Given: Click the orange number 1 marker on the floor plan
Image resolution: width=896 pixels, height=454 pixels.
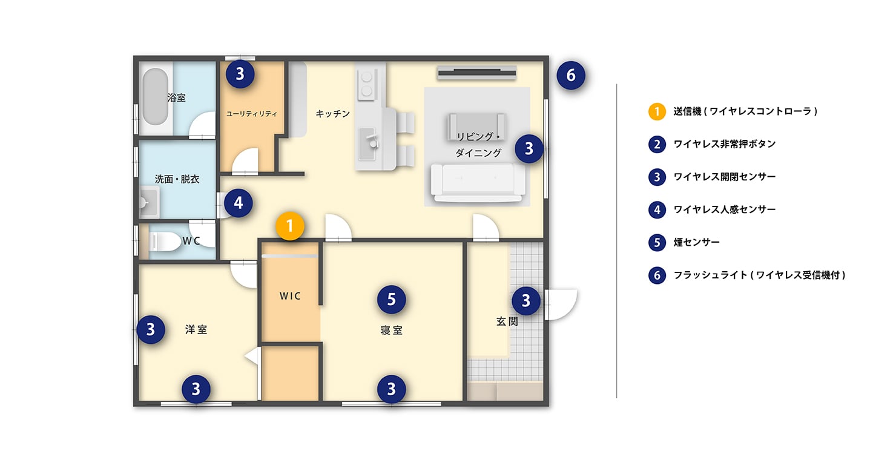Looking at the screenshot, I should [x=290, y=226].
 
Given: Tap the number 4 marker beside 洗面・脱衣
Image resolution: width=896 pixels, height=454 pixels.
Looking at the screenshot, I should [x=239, y=203].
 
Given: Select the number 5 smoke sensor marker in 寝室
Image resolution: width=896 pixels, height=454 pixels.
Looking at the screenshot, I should [x=391, y=299].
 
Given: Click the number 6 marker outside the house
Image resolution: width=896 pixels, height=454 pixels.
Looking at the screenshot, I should [x=571, y=76].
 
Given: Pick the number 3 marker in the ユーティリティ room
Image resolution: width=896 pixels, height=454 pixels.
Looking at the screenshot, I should [x=240, y=74].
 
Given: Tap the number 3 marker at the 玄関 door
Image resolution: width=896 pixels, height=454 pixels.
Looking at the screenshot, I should [x=525, y=300].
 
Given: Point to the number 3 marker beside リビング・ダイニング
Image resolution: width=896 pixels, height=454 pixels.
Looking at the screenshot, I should [x=529, y=148].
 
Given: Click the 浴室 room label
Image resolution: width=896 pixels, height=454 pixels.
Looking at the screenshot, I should [x=176, y=97].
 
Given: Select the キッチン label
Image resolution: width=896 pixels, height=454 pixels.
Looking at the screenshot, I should [x=333, y=113].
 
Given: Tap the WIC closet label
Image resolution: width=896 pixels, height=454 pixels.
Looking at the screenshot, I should [x=290, y=296].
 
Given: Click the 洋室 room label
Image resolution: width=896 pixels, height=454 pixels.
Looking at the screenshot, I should [x=196, y=329].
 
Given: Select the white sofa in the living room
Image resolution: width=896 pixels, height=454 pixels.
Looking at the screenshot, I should [x=476, y=182].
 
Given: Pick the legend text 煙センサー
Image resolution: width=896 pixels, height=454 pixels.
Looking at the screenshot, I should [x=696, y=242].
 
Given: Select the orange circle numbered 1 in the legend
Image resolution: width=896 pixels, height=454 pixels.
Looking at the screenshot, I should [x=657, y=111].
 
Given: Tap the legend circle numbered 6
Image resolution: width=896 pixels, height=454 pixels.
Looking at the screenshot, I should [x=657, y=275].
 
